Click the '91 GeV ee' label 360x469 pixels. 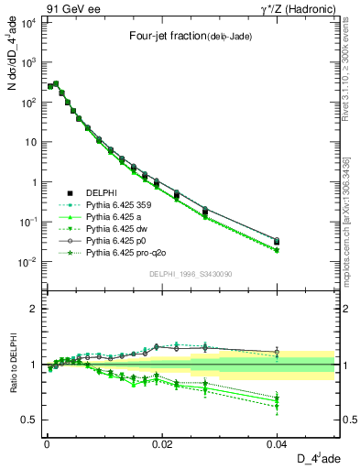[65, 8]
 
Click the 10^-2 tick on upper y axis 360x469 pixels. [27, 262]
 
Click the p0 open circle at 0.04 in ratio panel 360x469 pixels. [278, 352]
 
